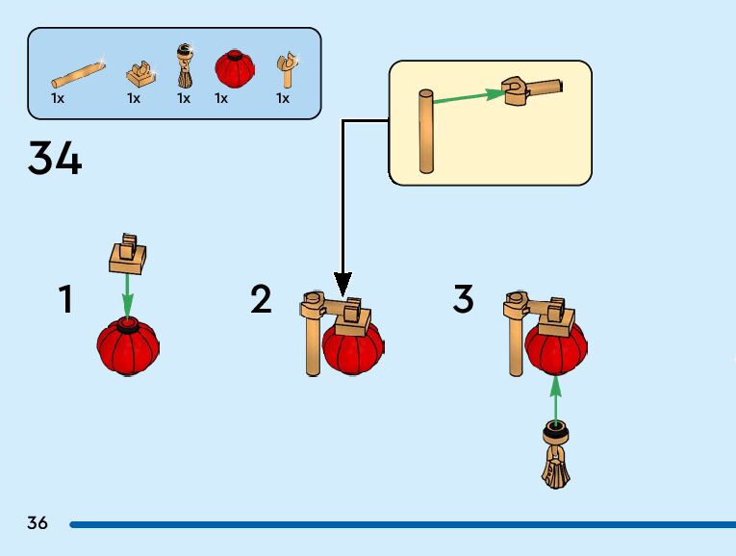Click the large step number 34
pos(55,158)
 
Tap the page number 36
pos(38,523)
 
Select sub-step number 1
pos(65,300)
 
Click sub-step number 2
pos(261,300)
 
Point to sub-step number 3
pos(463,300)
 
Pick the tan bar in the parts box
pos(77,74)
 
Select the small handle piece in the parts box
pos(285,70)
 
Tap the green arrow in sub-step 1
pos(128,293)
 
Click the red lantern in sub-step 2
pos(353,347)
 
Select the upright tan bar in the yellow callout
pos(426,131)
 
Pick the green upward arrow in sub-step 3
pos(555,396)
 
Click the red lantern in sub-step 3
pos(555,346)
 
